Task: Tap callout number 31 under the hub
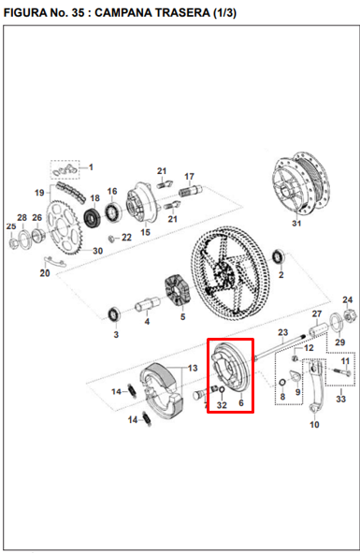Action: click(x=296, y=224)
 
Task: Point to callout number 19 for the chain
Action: click(x=40, y=193)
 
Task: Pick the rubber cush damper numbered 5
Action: click(x=177, y=290)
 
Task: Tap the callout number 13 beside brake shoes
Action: click(x=193, y=368)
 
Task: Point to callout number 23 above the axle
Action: click(x=282, y=332)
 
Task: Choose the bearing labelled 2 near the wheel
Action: click(x=280, y=256)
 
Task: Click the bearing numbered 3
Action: click(x=114, y=314)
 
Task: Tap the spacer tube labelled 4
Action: click(x=148, y=304)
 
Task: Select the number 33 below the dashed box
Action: click(x=340, y=399)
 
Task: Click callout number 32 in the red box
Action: click(x=222, y=405)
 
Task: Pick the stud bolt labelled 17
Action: click(x=190, y=191)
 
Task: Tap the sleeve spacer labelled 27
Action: click(x=319, y=331)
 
